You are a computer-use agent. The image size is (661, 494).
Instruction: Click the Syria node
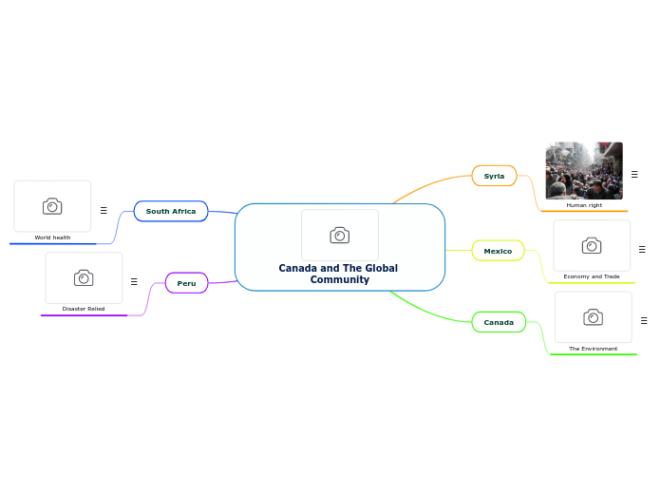click(494, 176)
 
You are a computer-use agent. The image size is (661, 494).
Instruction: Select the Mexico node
click(498, 251)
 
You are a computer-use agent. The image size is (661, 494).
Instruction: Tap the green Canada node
click(499, 323)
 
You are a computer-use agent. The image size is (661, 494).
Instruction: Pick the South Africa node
click(171, 211)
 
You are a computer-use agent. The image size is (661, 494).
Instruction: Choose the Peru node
click(186, 283)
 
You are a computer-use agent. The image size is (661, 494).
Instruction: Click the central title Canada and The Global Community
click(338, 274)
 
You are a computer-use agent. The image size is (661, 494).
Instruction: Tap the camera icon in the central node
click(339, 235)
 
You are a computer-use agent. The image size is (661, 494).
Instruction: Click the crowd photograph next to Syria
click(584, 170)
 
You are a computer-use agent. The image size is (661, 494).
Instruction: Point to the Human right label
click(584, 205)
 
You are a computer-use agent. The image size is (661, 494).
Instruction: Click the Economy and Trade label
click(591, 276)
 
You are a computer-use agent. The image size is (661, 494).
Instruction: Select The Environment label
click(593, 349)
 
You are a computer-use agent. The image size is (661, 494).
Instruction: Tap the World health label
click(52, 237)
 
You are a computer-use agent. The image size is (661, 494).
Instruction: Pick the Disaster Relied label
click(84, 309)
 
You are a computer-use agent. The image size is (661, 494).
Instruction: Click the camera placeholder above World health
click(52, 206)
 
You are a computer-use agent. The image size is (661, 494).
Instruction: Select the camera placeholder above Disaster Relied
click(84, 277)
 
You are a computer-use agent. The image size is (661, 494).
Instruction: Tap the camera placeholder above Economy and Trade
click(592, 246)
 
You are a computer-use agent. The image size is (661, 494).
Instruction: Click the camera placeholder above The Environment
click(593, 317)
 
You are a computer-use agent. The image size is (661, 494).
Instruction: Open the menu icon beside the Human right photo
click(634, 175)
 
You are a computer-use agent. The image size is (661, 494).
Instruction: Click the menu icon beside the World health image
click(104, 210)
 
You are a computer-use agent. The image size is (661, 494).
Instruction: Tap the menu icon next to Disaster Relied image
click(134, 281)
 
